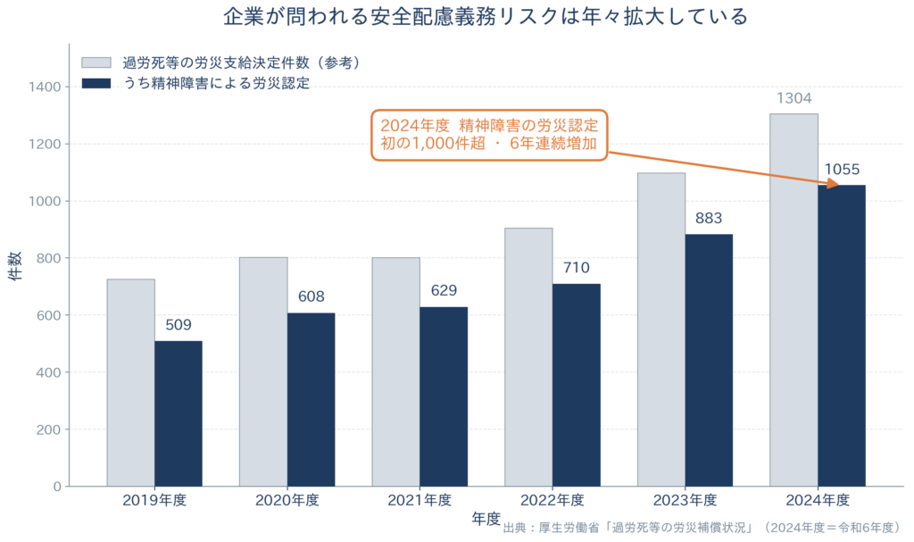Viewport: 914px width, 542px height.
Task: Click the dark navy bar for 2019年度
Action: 179,413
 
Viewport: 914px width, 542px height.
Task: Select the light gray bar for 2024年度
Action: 794,300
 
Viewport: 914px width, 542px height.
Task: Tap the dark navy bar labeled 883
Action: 709,361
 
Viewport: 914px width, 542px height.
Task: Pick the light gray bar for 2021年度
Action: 395,372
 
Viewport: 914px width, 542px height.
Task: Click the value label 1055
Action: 842,170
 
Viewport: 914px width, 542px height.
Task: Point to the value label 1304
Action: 794,98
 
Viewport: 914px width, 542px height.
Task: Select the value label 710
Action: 577,268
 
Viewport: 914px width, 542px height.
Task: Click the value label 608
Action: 312,296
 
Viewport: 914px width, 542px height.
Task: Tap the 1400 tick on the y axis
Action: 45,87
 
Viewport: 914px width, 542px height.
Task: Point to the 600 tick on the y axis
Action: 48,315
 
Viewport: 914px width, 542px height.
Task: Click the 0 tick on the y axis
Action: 57,487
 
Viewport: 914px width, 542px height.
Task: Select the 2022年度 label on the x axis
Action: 552,501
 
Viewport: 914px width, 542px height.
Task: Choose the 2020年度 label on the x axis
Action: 287,501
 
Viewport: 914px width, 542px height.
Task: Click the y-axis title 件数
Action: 15,266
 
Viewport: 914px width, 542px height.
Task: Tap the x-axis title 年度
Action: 486,519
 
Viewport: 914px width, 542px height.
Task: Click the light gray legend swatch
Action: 96,63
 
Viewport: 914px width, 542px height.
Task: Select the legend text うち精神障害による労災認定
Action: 216,83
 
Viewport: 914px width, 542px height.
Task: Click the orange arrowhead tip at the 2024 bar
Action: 839,186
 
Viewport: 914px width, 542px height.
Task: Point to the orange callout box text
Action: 489,135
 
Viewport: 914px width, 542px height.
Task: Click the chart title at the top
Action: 486,16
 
